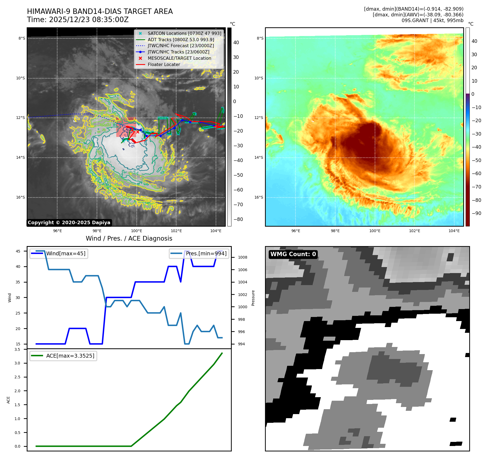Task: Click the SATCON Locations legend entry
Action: [x=184, y=33]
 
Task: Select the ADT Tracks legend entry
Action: [x=181, y=40]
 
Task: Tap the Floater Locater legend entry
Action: [x=164, y=64]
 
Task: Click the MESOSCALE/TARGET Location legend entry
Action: [x=179, y=58]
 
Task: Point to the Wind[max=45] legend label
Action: [x=66, y=253]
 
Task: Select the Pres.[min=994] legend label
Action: [x=206, y=253]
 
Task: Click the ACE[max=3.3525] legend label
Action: [x=70, y=356]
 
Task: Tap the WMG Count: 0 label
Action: [x=293, y=254]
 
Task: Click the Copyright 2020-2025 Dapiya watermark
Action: [x=69, y=223]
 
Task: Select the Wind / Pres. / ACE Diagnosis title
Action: [x=129, y=238]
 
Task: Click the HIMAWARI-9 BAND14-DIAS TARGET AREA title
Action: [x=100, y=11]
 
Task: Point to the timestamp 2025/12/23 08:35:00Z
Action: [x=89, y=20]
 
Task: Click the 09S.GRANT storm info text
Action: [x=432, y=20]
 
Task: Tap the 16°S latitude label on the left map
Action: [x=20, y=197]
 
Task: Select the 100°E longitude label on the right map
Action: [x=375, y=231]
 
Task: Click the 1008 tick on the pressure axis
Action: [x=242, y=257]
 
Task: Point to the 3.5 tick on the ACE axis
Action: [x=17, y=349]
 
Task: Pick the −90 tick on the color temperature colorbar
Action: [x=476, y=213]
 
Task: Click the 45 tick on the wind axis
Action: [x=18, y=251]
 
